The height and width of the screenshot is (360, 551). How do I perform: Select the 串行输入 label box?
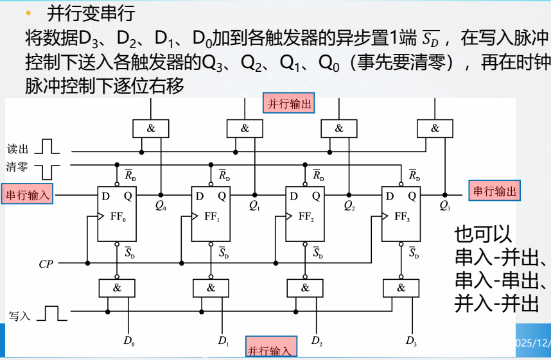[28, 193]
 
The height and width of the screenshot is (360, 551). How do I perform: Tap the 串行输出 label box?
[494, 191]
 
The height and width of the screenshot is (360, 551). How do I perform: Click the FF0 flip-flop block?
[117, 214]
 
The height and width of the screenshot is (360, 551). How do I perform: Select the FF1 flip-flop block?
[211, 214]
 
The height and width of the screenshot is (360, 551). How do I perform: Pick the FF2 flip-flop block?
[305, 214]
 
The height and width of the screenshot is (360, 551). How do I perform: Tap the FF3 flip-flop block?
[401, 214]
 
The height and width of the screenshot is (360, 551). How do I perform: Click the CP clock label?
[46, 264]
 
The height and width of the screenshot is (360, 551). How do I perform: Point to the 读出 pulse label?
[18, 149]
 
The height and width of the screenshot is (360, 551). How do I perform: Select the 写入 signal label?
[20, 316]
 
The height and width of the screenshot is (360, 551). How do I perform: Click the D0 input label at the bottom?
[129, 341]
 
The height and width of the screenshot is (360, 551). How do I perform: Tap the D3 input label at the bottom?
[411, 341]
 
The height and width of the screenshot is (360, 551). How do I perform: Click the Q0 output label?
[161, 206]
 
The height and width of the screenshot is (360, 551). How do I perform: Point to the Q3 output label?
[444, 206]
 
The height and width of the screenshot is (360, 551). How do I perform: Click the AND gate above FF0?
[151, 128]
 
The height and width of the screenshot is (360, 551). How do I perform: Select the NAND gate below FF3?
[401, 288]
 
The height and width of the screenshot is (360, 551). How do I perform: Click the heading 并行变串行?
[91, 13]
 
